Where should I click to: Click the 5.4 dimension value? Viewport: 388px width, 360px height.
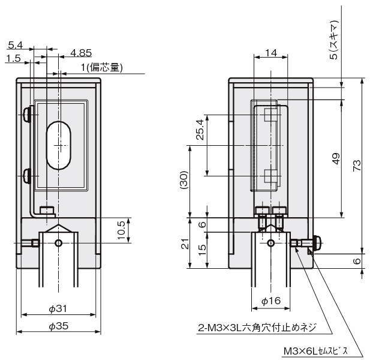(x=16, y=46)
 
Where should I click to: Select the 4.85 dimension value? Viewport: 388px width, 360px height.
(x=80, y=52)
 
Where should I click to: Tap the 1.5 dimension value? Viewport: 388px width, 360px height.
(x=13, y=58)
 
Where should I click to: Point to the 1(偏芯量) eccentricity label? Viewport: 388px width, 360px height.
(x=102, y=68)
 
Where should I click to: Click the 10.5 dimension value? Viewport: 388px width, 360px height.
(x=121, y=229)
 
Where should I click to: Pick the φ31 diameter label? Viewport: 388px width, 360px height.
(x=58, y=308)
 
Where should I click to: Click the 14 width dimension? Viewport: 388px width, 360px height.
(x=270, y=53)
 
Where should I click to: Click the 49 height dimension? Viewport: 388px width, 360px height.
(x=336, y=158)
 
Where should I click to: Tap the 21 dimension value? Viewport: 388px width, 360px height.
(x=185, y=243)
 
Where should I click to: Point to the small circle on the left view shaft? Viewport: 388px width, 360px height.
(x=58, y=243)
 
